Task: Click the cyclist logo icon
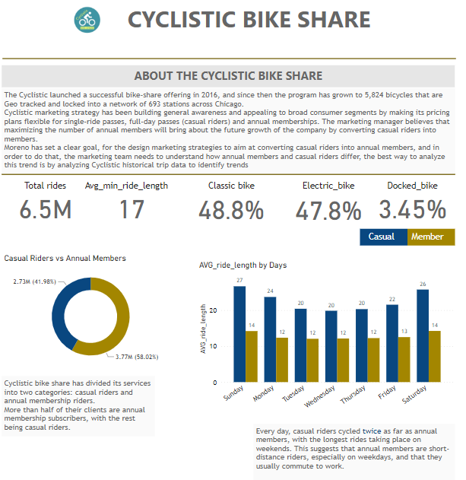coord(87,21)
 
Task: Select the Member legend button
coord(427,237)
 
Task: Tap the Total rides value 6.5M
coord(46,210)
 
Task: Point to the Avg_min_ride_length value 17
coord(132,210)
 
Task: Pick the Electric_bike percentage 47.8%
coord(328,210)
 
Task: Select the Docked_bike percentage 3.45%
coord(412,210)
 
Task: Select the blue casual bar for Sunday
coord(239,334)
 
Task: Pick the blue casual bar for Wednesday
coord(331,346)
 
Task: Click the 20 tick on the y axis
coord(216,310)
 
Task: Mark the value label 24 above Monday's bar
coord(270,291)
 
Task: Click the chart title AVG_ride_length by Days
coord(243,265)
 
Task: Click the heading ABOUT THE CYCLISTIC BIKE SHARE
coord(228,76)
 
